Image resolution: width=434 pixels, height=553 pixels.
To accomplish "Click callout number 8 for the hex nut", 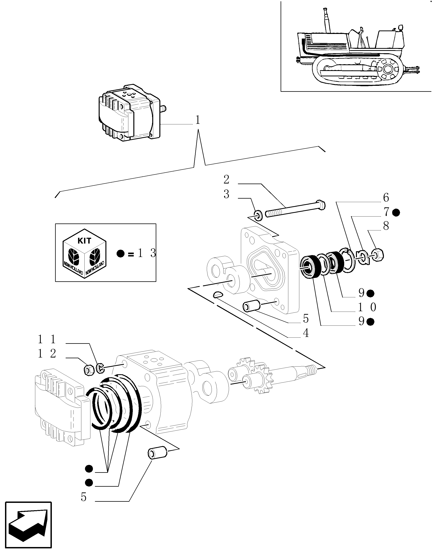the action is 386,226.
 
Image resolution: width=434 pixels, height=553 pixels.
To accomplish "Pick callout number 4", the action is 306,333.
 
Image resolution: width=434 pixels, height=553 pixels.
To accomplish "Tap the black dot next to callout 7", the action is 396,212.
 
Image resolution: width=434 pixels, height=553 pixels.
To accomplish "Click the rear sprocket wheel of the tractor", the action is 388,69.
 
